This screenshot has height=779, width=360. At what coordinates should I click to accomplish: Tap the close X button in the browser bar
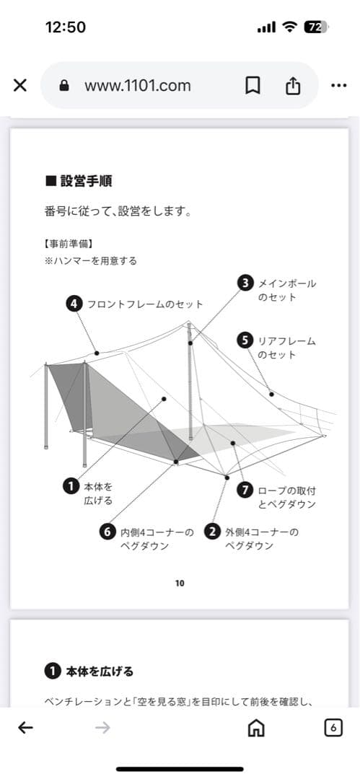click(x=20, y=85)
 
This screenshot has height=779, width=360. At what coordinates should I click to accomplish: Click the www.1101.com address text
click(x=137, y=85)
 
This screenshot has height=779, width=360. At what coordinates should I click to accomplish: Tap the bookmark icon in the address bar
click(x=253, y=85)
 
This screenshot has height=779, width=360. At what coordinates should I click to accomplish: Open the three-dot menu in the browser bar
click(x=338, y=85)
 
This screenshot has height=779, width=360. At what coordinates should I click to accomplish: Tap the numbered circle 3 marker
click(x=246, y=283)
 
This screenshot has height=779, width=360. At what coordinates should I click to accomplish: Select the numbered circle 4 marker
click(x=74, y=304)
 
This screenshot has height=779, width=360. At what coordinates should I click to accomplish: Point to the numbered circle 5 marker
click(x=245, y=340)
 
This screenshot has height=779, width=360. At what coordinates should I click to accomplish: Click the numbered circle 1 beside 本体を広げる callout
click(x=71, y=486)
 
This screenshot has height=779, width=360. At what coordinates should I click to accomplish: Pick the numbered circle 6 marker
click(x=107, y=532)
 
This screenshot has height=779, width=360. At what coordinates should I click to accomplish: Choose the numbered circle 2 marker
click(x=212, y=532)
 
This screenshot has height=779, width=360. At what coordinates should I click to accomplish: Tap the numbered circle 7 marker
click(x=245, y=490)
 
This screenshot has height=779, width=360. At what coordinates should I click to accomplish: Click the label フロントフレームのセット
click(x=145, y=304)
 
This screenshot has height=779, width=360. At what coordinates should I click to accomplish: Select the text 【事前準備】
click(x=68, y=243)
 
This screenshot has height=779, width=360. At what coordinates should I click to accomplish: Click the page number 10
click(x=180, y=583)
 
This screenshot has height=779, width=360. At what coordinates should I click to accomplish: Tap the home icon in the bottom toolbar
click(x=255, y=728)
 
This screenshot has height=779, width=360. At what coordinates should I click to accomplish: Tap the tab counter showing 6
click(x=333, y=728)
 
